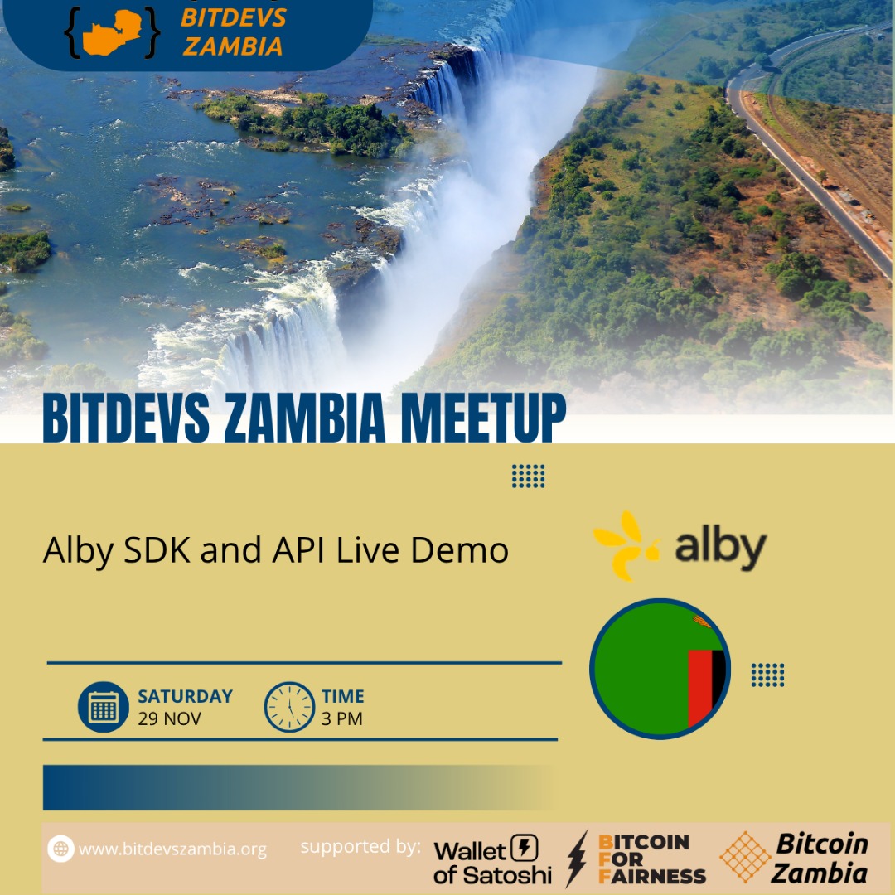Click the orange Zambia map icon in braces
(111, 32)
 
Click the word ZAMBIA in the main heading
(306, 419)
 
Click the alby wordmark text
(719, 548)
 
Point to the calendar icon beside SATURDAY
(104, 707)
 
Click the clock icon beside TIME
(289, 707)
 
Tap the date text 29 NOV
(169, 718)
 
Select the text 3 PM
(341, 718)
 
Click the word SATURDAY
(185, 696)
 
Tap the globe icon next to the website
(60, 848)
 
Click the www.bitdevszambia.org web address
(172, 849)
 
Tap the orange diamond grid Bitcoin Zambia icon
(745, 857)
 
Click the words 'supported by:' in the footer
(360, 847)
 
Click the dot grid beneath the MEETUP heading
(528, 476)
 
